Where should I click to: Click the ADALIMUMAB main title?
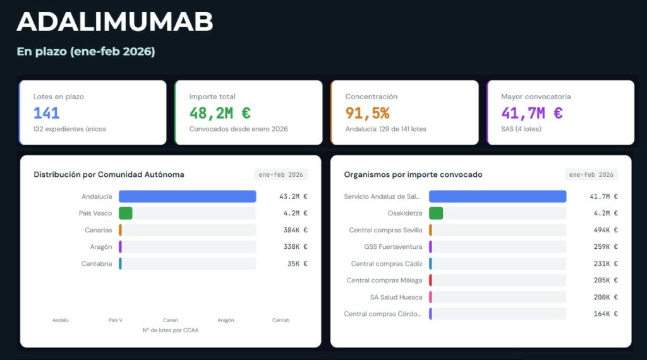pos(114,22)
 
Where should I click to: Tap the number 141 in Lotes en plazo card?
pos(47,113)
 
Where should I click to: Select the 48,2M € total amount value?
pos(220,113)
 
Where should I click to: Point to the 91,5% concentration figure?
pos(367,113)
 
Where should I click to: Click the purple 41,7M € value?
pos(531,113)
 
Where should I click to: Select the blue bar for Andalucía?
pos(187,196)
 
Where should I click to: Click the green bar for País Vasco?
pos(125,213)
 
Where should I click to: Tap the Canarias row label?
pos(98,230)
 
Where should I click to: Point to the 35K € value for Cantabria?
pos(296,263)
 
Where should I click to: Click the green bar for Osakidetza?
pos(436,213)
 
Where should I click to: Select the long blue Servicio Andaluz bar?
pos(497,196)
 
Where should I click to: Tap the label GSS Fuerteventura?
pos(393,247)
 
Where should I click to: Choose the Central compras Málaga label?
pos(384,280)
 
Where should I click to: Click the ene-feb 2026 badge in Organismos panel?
pos(591,174)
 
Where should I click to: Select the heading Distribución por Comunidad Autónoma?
pos(109,174)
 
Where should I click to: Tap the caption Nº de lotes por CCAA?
pos(170,330)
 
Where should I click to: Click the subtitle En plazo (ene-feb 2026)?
pos(86,52)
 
